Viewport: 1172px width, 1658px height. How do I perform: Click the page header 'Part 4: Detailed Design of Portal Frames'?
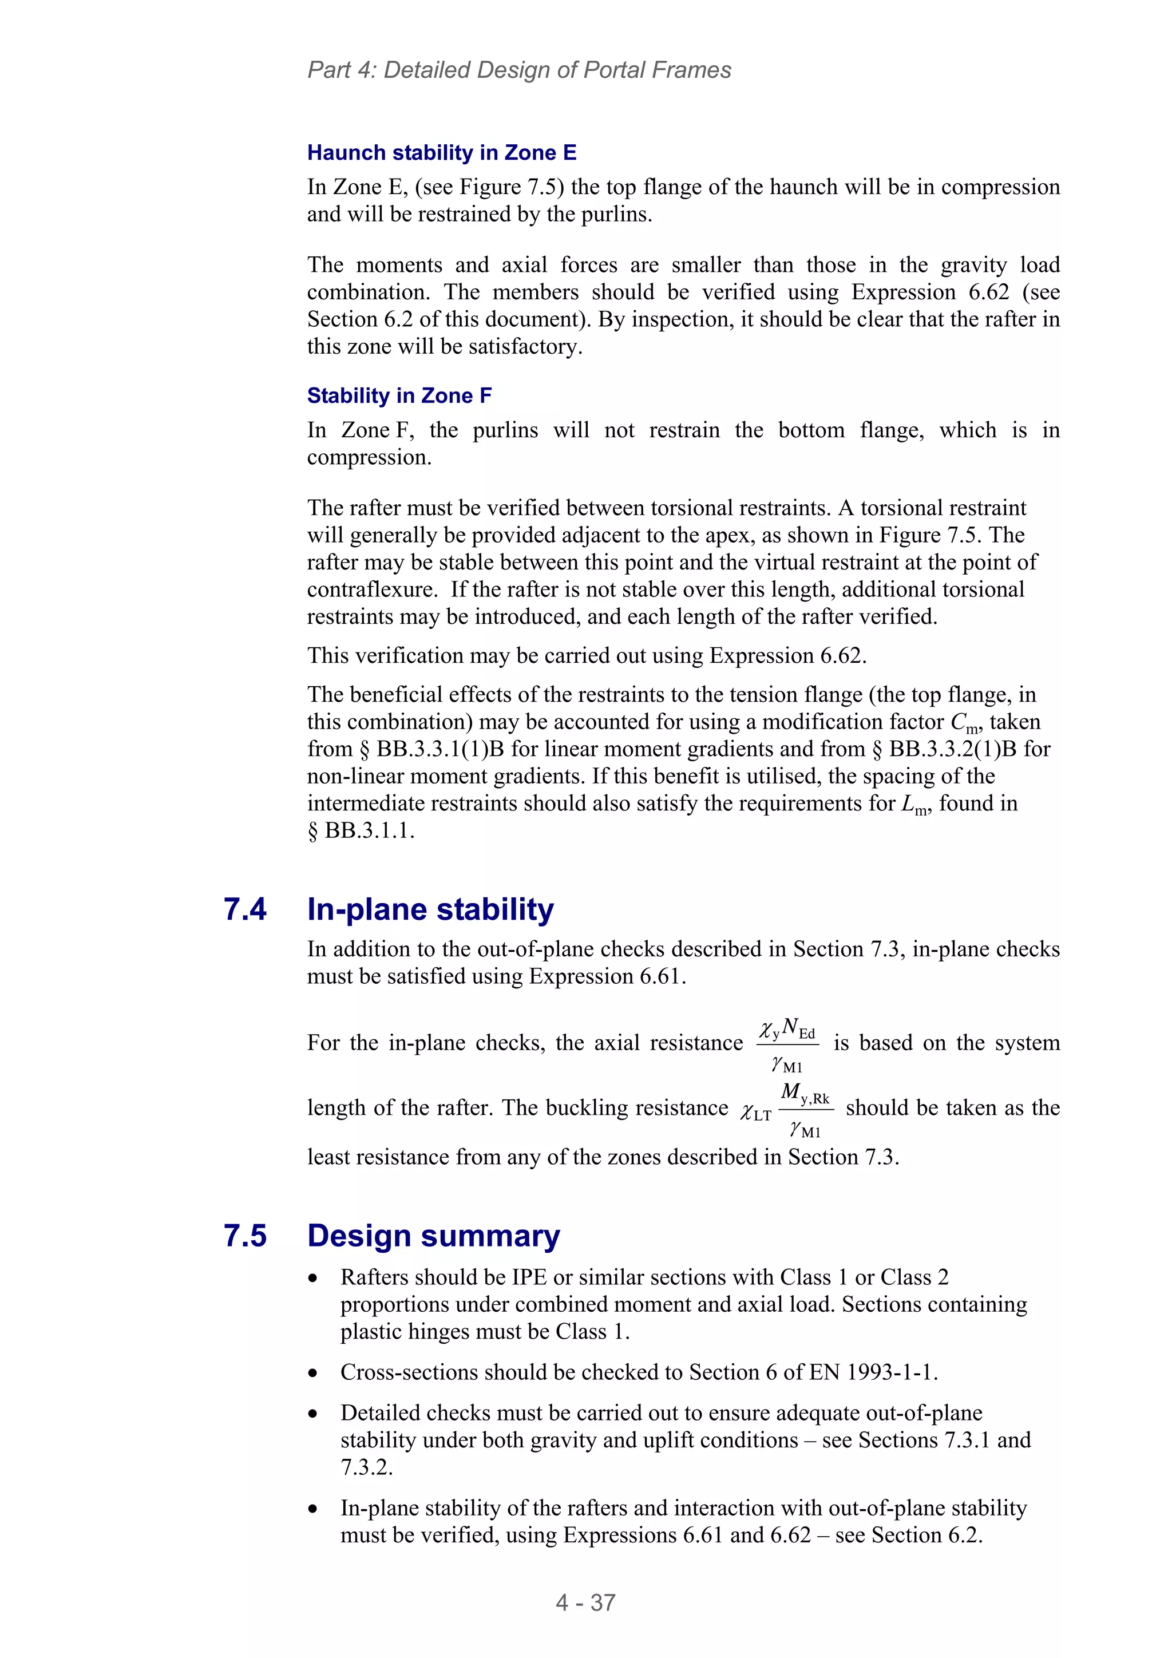(518, 70)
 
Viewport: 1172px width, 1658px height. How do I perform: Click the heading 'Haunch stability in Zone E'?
(441, 152)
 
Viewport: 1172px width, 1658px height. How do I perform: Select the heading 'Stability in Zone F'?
(399, 395)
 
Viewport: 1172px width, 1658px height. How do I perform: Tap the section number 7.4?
(245, 909)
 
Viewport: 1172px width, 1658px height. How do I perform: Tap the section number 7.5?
(245, 1236)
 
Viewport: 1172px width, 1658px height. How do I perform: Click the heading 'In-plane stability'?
(430, 909)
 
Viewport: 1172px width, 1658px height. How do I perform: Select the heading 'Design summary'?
(433, 1236)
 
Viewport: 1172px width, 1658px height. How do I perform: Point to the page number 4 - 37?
(585, 1602)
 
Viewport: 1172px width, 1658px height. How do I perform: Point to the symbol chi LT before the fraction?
(755, 1113)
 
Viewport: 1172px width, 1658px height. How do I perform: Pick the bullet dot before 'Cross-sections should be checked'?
(312, 1373)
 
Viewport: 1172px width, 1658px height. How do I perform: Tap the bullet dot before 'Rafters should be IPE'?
(312, 1278)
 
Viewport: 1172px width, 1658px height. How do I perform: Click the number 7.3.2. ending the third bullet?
(366, 1467)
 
